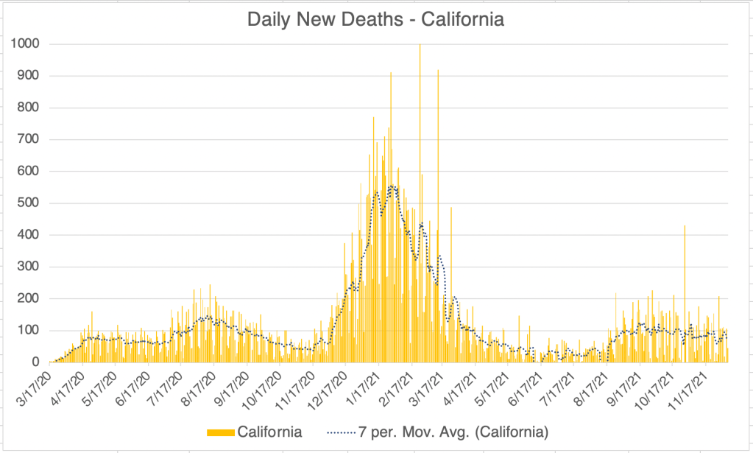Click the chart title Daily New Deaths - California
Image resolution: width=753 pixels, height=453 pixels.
point(375,20)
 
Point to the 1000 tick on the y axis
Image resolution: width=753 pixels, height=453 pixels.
point(25,44)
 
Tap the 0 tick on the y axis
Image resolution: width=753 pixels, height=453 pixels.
point(35,362)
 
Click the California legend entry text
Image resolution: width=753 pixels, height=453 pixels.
point(269,432)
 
